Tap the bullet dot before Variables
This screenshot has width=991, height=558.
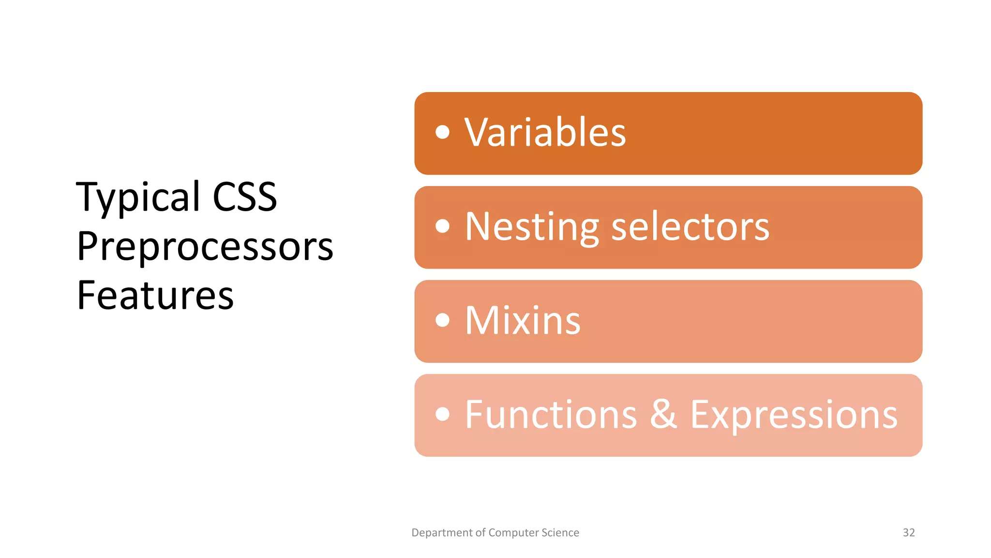[442, 132]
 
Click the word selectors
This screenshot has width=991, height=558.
[690, 227]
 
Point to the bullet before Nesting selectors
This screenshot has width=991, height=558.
[442, 226]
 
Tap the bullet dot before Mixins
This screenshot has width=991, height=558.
[442, 320]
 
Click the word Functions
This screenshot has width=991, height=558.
[551, 415]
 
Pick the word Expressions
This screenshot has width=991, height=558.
[794, 416]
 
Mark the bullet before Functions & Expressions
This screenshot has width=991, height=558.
[442, 414]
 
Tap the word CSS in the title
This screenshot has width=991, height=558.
[245, 197]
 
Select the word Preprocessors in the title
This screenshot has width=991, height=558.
[205, 247]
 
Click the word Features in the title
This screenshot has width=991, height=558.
[155, 295]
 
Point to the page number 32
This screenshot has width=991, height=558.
[909, 532]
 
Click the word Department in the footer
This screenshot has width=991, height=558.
[442, 533]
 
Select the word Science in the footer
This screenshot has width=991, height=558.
[560, 532]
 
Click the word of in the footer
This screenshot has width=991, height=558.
[480, 532]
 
